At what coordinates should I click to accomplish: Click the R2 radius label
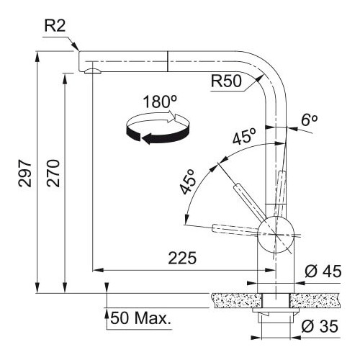(x=55, y=26)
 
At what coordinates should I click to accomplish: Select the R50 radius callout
(x=226, y=81)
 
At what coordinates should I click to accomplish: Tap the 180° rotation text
(x=160, y=102)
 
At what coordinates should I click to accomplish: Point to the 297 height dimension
(x=25, y=173)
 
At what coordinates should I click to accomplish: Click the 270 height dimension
(x=53, y=173)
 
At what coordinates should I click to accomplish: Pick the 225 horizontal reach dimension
(x=182, y=258)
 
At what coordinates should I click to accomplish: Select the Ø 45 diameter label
(x=323, y=271)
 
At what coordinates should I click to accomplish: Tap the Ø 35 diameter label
(x=320, y=326)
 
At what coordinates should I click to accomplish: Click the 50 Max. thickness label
(x=141, y=318)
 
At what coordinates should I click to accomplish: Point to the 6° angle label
(x=310, y=120)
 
